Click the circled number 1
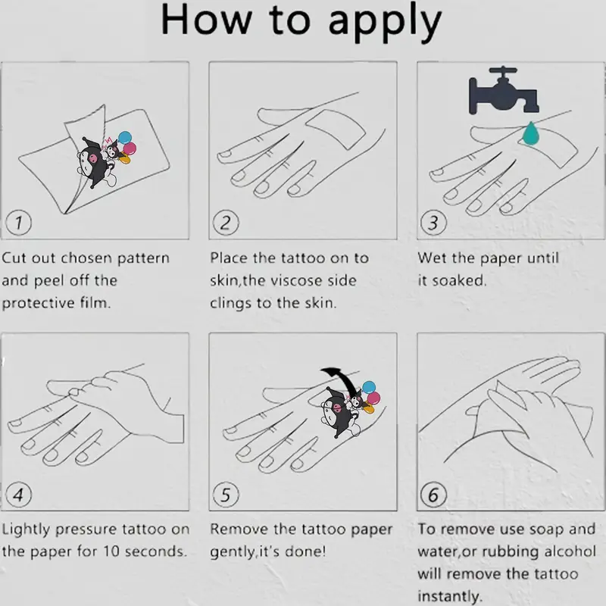18,222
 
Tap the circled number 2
226,222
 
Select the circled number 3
433,222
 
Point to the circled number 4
18,495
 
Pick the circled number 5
226,495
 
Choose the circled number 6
433,495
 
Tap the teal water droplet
531,133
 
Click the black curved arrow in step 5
342,381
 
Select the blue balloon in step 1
125,137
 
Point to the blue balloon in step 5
369,387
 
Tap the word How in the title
206,20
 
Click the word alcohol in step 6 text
570,551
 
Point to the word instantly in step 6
450,596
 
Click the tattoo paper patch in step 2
336,130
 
